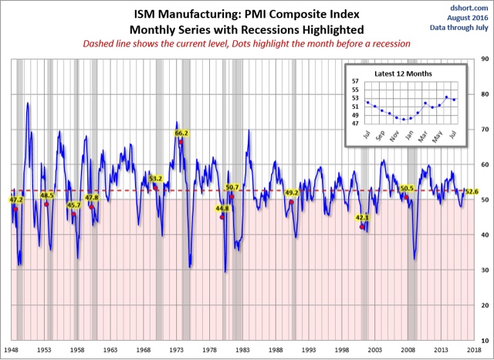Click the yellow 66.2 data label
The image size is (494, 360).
[182, 133]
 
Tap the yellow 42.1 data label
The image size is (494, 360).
[363, 218]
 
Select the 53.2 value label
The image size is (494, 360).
[155, 178]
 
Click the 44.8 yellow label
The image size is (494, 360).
[222, 208]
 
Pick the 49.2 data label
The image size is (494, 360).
[292, 192]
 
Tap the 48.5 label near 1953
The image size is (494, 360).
[47, 195]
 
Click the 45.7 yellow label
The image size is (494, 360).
[74, 205]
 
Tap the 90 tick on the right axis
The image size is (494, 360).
[484, 59]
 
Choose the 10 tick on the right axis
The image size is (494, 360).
[484, 340]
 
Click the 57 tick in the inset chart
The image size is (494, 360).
[355, 81]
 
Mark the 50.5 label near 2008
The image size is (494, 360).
[408, 188]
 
